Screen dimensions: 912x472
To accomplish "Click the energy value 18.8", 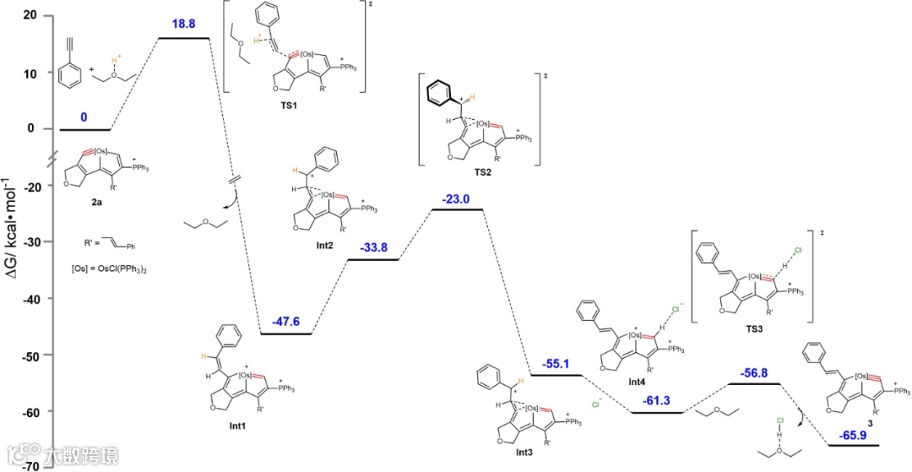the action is (183, 25).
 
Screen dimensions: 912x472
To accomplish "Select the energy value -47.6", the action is (285, 322).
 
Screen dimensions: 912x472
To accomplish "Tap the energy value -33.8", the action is (373, 248).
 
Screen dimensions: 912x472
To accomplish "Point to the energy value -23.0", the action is (457, 199).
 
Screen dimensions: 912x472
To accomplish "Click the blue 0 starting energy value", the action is (84, 117).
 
